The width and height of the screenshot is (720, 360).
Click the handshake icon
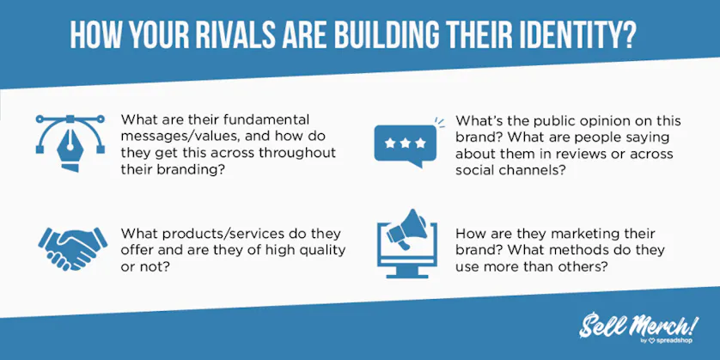[x=72, y=247]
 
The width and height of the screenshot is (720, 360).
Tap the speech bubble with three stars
[x=405, y=143]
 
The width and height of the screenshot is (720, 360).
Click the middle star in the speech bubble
[x=405, y=143]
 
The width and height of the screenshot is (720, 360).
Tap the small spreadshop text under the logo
[x=677, y=340]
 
